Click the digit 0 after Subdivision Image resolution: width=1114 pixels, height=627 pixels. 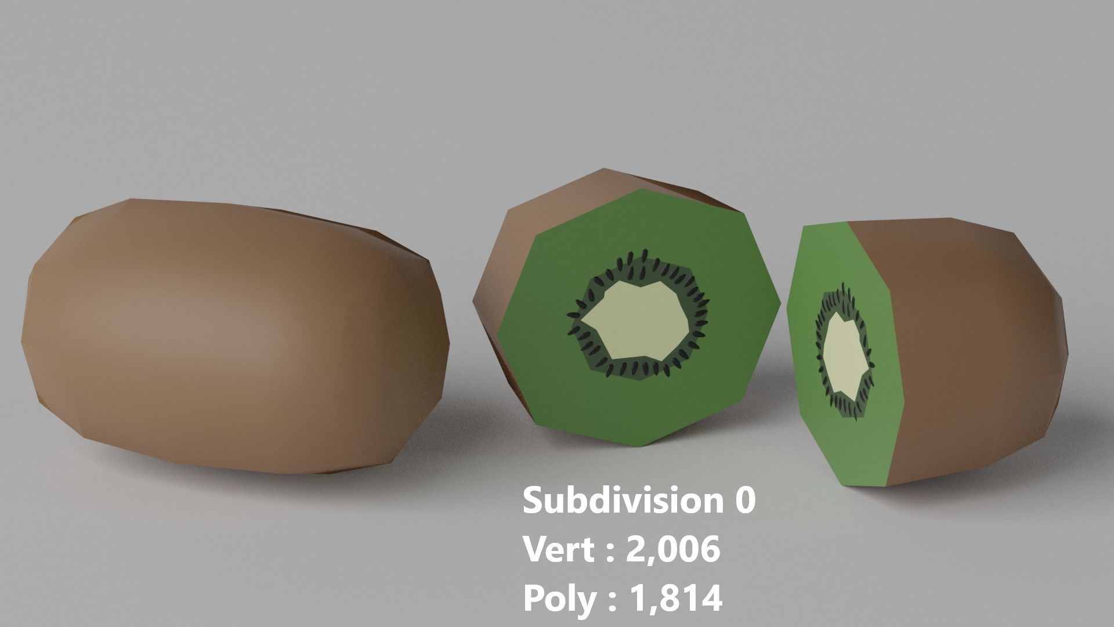pos(746,500)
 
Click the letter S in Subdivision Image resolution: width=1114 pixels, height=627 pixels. pos(534,500)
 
